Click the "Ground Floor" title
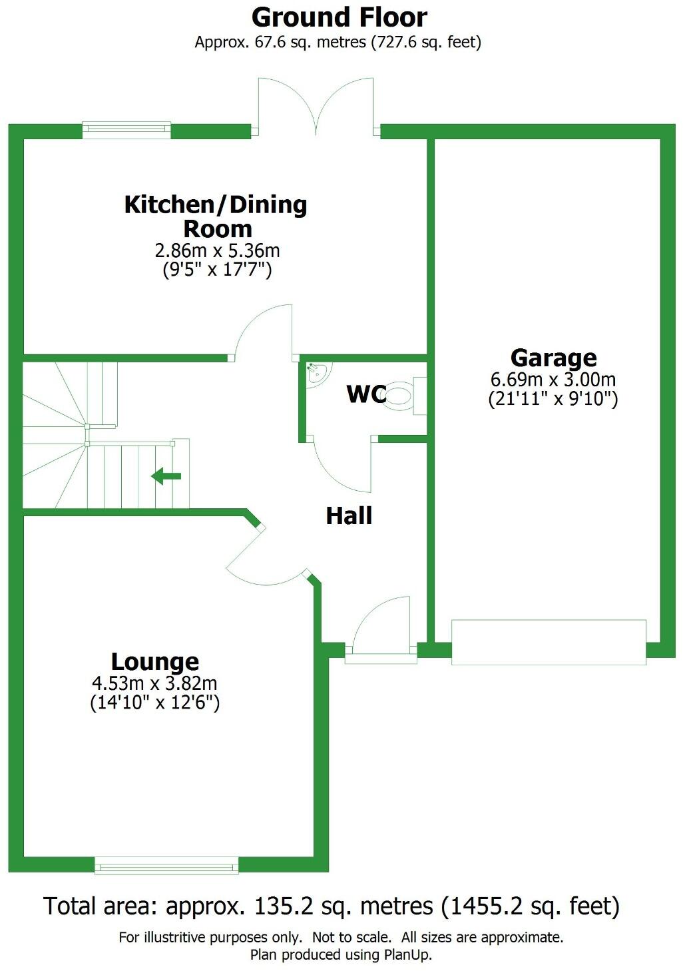340,17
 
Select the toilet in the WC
402,396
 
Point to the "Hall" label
349,515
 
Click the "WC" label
365,394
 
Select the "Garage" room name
553,358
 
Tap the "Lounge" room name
155,661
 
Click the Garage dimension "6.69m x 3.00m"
553,380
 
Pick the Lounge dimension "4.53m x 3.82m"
155,683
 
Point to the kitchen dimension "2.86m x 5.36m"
217,251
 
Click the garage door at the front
549,642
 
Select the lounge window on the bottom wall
166,866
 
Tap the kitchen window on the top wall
126,130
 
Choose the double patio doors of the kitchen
316,107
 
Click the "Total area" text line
332,906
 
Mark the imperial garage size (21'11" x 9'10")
553,399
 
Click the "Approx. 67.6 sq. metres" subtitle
338,42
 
